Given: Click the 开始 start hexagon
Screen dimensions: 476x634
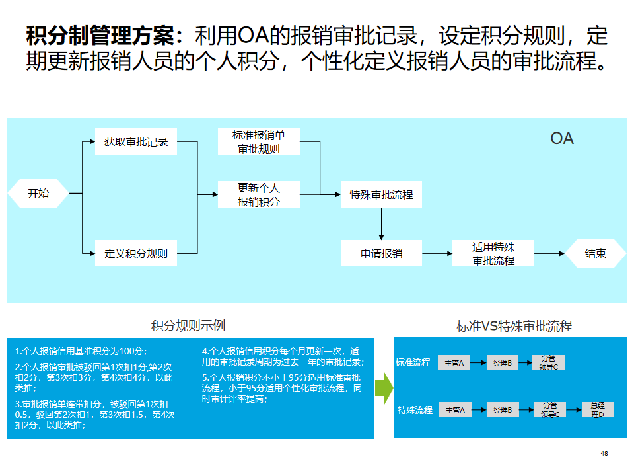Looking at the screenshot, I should click(38, 194).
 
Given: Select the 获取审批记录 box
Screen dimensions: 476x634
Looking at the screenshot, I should click(136, 141).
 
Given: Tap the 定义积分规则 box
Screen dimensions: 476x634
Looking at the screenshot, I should click(136, 253).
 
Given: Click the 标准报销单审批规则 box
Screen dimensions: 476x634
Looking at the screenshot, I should click(258, 142).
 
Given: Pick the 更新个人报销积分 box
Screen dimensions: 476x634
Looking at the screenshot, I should click(258, 194).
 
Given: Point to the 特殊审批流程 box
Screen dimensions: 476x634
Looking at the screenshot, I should click(381, 194).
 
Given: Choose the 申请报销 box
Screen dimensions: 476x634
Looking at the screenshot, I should click(381, 253).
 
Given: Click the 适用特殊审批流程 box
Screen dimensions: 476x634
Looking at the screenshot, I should click(493, 253).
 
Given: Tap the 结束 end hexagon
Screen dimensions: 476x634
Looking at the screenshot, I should click(595, 253).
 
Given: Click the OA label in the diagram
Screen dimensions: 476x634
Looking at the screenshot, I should click(562, 139).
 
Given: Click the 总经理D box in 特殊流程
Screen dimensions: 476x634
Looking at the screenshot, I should click(598, 410).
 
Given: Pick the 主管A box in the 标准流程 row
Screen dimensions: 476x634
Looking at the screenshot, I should click(454, 362).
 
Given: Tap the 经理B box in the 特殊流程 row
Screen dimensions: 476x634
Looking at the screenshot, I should click(502, 410).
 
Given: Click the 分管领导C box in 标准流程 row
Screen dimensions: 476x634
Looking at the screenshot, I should click(549, 362).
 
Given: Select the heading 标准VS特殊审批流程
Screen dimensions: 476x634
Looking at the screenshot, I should click(514, 325).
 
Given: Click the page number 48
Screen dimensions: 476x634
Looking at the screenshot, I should click(604, 454).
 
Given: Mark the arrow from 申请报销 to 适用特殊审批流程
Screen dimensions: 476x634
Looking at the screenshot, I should click(437, 253).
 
